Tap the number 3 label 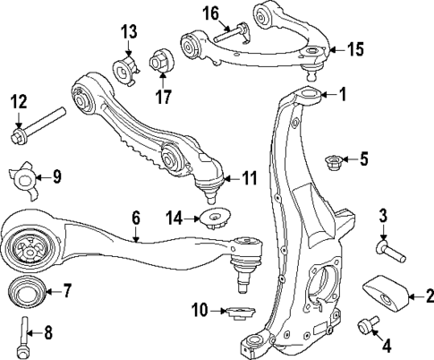tap(382, 216)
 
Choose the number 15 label tap(355, 50)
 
